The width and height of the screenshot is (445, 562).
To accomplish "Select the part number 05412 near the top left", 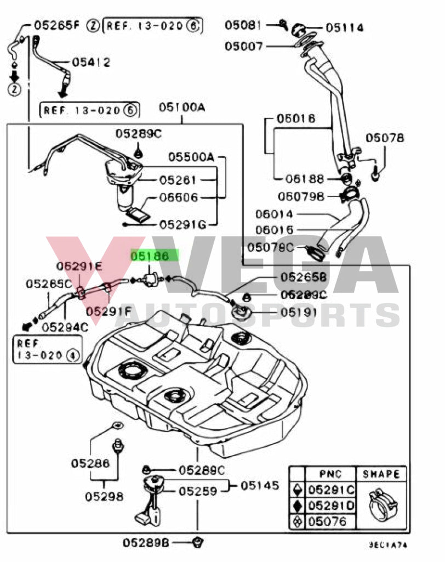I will [x=90, y=62].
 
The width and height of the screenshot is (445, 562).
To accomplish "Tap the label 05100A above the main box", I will [x=182, y=108].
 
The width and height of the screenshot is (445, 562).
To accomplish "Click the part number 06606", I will [x=179, y=198].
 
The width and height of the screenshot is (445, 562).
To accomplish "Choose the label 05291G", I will [x=183, y=224].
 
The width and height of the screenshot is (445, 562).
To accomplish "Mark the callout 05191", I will [x=299, y=313].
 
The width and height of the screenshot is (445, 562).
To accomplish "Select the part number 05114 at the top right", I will [x=345, y=27].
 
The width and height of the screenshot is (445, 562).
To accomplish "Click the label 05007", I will [x=244, y=46].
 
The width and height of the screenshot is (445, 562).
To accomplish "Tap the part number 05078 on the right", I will [x=384, y=138].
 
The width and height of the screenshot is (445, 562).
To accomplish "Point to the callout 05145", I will [x=260, y=485].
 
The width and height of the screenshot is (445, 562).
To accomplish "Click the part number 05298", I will [x=104, y=497].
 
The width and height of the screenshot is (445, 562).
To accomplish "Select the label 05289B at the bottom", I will [x=145, y=543].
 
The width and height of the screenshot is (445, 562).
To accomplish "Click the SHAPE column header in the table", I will [x=381, y=474].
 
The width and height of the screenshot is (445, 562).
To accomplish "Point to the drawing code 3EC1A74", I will [x=389, y=547].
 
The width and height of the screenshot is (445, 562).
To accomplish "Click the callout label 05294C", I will [x=64, y=328].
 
